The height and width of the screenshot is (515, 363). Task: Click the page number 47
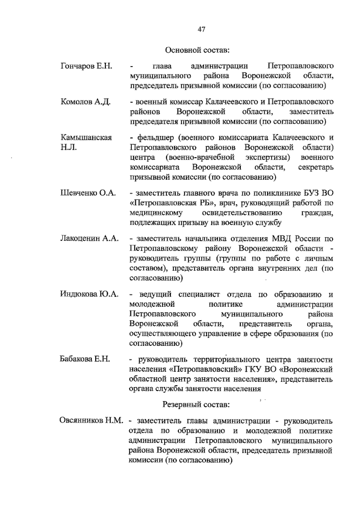coord(202,29)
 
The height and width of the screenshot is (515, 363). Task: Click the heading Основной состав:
coord(198,50)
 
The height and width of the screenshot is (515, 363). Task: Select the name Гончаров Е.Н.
coord(87,66)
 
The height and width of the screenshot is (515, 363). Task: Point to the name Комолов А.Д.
coord(86,102)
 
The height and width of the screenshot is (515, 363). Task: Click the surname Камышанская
coord(86,138)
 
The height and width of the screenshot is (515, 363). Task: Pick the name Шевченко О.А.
coord(88,193)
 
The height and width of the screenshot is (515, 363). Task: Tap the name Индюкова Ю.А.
coord(89,294)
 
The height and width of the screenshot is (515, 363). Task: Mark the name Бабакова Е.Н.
coord(85,359)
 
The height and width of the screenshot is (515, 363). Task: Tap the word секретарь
coord(316,167)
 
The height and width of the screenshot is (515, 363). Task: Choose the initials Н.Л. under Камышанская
coord(69,148)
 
